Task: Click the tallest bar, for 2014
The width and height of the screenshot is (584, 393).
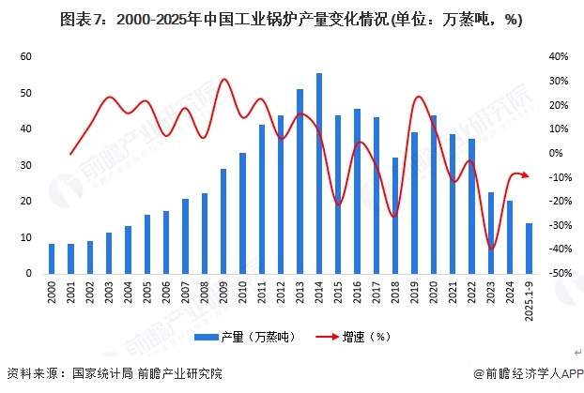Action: tap(319, 174)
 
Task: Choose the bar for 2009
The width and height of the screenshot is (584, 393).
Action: tap(223, 221)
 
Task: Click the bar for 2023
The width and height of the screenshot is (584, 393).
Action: tap(491, 233)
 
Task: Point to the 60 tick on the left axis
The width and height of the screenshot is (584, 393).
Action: tap(26, 57)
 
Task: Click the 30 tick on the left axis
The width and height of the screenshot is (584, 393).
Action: tap(26, 165)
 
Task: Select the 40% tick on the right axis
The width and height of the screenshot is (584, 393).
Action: tap(558, 57)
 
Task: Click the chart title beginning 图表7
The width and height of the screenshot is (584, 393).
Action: tap(290, 19)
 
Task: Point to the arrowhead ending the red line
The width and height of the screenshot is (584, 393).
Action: tap(526, 175)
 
